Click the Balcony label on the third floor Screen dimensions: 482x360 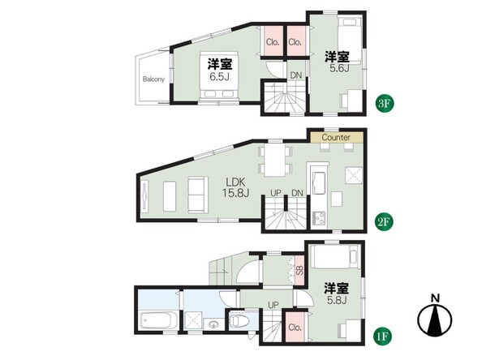pos(153,79)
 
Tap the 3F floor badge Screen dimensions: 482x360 pos(385,104)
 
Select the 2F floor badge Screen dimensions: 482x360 pos(385,221)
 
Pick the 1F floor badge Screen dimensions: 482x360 pos(383,336)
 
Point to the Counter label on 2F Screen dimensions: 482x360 pos(336,137)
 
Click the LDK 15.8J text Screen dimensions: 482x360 pos(236,187)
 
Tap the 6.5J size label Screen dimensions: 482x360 pos(219,76)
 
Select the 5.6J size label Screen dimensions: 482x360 pos(339,68)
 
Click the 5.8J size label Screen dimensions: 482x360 pos(337,300)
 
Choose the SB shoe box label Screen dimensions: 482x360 pos(299,270)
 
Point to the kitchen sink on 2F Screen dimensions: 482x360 pos(319,183)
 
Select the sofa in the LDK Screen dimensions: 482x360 pos(196,195)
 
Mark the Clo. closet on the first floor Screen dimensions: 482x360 pos(295,327)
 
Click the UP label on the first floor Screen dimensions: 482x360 pos(273,305)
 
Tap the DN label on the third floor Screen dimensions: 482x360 pos(296,75)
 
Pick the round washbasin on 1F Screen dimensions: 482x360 pos(213,324)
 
